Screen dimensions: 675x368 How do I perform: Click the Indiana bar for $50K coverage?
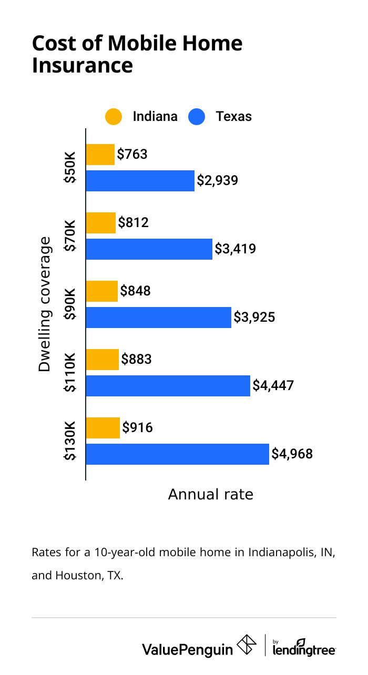(100, 155)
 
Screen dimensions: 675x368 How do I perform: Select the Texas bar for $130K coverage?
(177, 454)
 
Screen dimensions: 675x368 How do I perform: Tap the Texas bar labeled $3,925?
(158, 318)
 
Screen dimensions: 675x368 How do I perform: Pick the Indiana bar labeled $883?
(102, 360)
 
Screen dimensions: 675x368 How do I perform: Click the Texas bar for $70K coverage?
(149, 249)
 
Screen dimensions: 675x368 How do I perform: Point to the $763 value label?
(132, 155)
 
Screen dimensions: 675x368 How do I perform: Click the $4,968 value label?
(292, 454)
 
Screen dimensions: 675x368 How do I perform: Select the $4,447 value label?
(273, 385)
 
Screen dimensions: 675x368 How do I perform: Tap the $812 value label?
(134, 222)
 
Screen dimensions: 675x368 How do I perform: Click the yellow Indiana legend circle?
(113, 117)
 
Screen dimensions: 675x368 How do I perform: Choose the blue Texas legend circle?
(196, 117)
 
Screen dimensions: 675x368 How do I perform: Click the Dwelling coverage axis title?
(45, 304)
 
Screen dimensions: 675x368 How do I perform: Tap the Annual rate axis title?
(210, 495)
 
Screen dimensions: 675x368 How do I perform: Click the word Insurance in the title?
(83, 66)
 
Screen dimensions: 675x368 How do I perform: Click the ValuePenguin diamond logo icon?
(248, 646)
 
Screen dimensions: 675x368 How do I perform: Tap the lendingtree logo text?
(304, 650)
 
